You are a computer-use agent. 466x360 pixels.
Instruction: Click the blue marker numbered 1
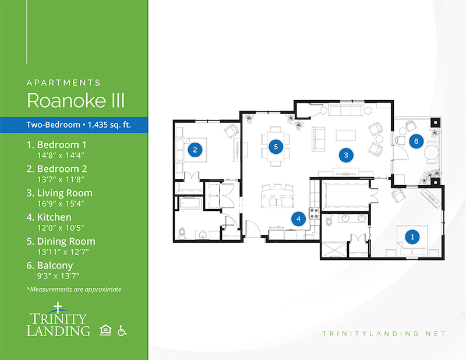412,237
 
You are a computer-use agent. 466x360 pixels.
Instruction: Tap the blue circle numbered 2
195,150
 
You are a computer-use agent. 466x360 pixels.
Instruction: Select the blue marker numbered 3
346,155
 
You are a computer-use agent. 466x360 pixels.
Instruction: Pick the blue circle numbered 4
298,219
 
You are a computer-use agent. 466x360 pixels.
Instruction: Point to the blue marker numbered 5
276,146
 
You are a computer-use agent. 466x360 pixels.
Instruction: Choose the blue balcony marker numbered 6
416,141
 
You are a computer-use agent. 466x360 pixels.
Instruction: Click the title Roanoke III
76,100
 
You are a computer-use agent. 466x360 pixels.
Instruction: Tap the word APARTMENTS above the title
63,83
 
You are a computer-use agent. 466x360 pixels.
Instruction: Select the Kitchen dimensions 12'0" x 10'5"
61,228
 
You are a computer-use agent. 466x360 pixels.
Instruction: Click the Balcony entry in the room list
50,266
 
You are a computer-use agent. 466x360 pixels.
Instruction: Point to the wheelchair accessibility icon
122,330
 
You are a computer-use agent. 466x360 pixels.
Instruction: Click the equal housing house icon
105,330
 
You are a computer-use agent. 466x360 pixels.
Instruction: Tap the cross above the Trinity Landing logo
58,308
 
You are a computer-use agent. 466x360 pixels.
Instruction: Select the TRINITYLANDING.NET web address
384,334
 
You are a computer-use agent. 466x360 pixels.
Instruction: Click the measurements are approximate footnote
74,290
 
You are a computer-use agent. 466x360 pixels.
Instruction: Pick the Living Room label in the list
59,193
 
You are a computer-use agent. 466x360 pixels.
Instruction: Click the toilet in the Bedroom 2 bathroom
182,233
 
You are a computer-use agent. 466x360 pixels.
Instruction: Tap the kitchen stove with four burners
315,213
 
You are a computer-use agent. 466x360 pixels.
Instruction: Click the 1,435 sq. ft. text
110,125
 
